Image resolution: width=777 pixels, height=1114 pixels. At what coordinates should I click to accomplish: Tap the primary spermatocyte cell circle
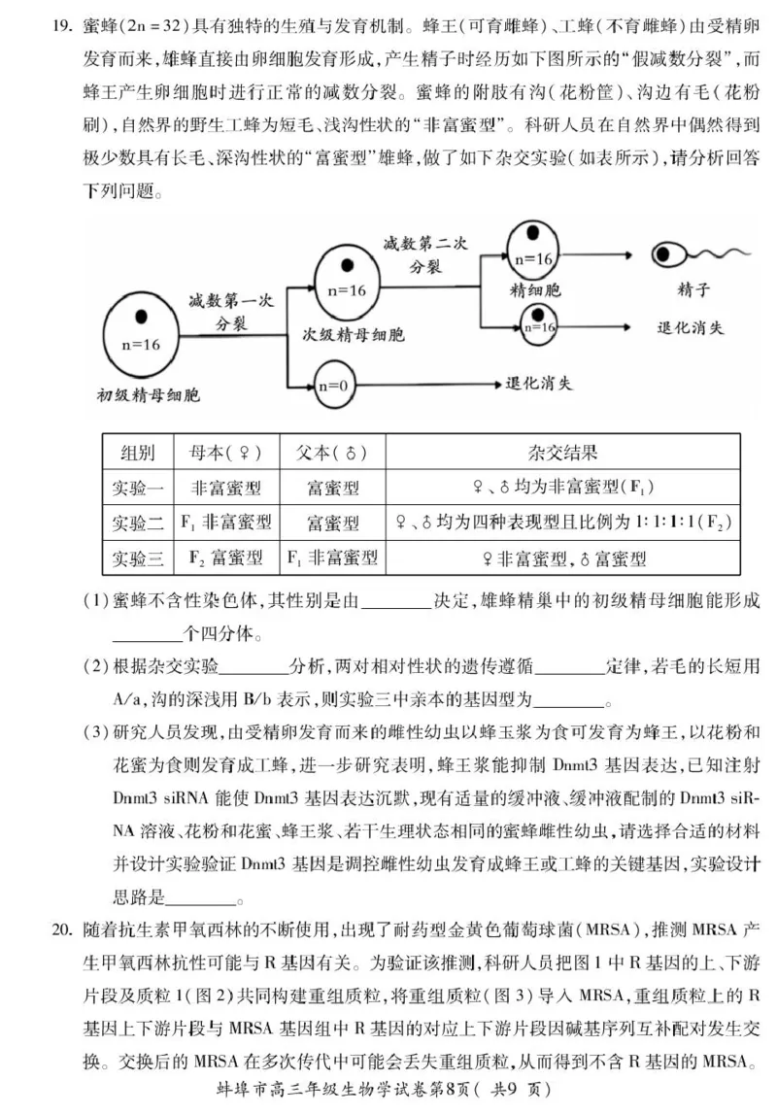coord(140,331)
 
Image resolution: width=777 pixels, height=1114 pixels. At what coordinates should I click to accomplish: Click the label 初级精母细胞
coord(148,395)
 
